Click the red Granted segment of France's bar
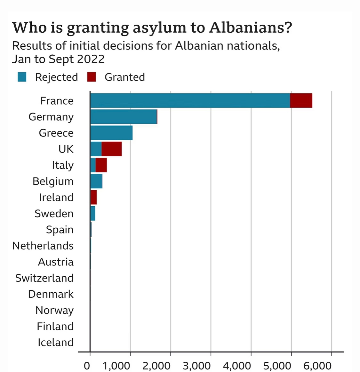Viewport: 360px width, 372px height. (301, 101)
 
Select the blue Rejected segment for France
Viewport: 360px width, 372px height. (190, 101)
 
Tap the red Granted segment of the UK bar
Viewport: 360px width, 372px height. (112, 149)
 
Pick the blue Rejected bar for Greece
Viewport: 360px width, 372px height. (111, 133)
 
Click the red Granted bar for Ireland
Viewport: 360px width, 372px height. (94, 197)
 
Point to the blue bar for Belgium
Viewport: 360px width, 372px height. (96, 181)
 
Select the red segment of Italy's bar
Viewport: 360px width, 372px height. (101, 165)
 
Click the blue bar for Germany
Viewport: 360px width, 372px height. (124, 117)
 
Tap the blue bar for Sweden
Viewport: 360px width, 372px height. (93, 213)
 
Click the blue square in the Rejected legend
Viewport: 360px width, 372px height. (22, 77)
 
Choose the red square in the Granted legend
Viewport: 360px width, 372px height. (92, 77)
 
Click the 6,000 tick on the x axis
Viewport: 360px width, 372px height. (317, 366)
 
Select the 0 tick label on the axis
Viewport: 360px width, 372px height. (87, 366)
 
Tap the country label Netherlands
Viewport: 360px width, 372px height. (43, 246)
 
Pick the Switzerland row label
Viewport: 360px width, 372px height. (44, 278)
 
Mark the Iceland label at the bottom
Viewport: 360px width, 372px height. (56, 342)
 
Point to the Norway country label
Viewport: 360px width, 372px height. (55, 310)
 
